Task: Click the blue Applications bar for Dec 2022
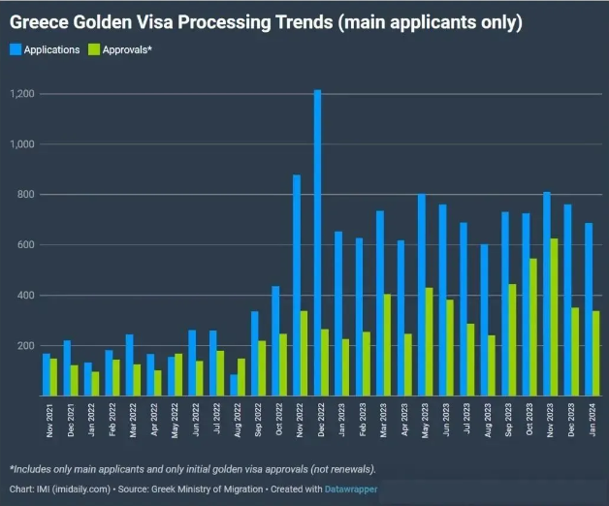317,242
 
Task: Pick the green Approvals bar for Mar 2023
389,345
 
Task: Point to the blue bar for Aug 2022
234,385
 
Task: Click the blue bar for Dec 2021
67,368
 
